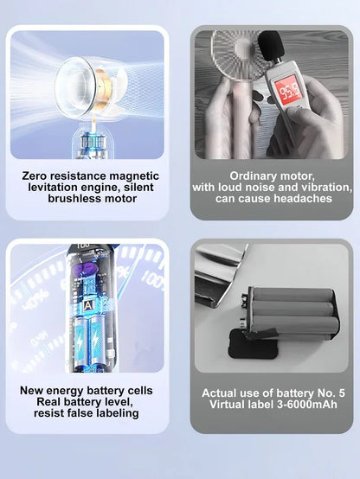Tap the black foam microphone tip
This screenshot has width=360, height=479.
[x=272, y=45]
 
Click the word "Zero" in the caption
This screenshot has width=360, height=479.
[x=34, y=176]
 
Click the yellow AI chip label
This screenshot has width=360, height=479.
[x=88, y=305]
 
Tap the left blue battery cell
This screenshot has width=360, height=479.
[x=80, y=342]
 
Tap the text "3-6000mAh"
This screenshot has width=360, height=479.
[x=307, y=405]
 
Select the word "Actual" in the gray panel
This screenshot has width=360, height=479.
[x=219, y=393]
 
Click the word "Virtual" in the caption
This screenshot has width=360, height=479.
[x=227, y=405]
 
